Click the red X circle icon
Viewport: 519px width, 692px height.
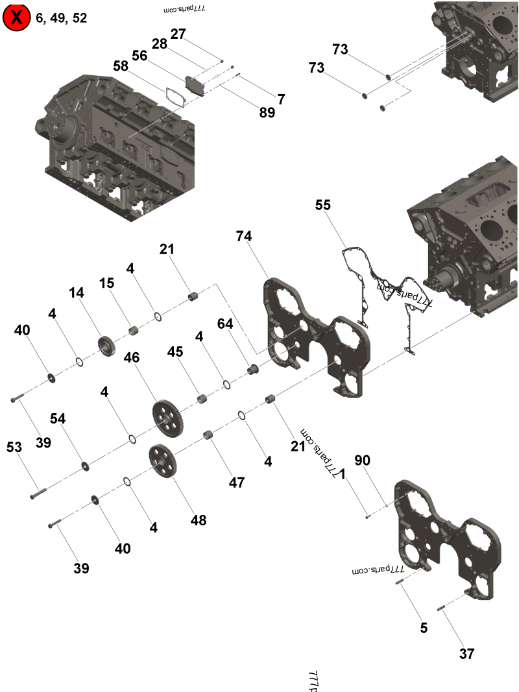[16, 18]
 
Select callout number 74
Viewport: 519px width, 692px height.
[244, 237]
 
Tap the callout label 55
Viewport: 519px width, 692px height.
[322, 205]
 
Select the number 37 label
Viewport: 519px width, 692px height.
[466, 654]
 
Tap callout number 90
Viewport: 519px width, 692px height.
[362, 460]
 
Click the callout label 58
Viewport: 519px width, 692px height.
[121, 66]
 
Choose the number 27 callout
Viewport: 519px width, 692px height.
[178, 33]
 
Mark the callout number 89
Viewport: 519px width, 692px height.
[267, 113]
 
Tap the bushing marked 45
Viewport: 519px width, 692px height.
[202, 398]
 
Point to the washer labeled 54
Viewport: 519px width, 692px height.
[85, 466]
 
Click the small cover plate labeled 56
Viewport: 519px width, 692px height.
[194, 84]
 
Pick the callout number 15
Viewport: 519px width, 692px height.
[106, 283]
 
